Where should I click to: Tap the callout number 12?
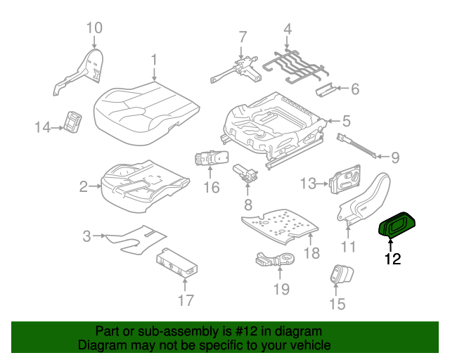392,259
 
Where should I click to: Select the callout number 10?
94,28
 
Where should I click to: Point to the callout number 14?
43,127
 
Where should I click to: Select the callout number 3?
86,236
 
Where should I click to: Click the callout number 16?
212,188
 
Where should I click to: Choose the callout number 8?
247,205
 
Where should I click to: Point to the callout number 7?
242,37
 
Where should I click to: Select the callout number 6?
354,89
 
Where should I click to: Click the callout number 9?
394,157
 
